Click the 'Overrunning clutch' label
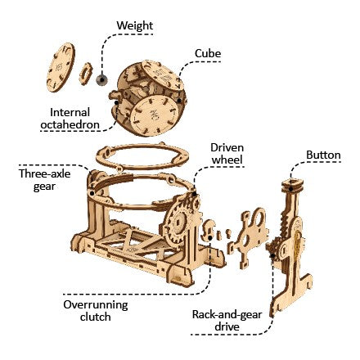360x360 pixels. coord(96,309)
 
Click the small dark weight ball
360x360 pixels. coord(102,79)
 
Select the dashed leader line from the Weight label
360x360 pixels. coord(101,49)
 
